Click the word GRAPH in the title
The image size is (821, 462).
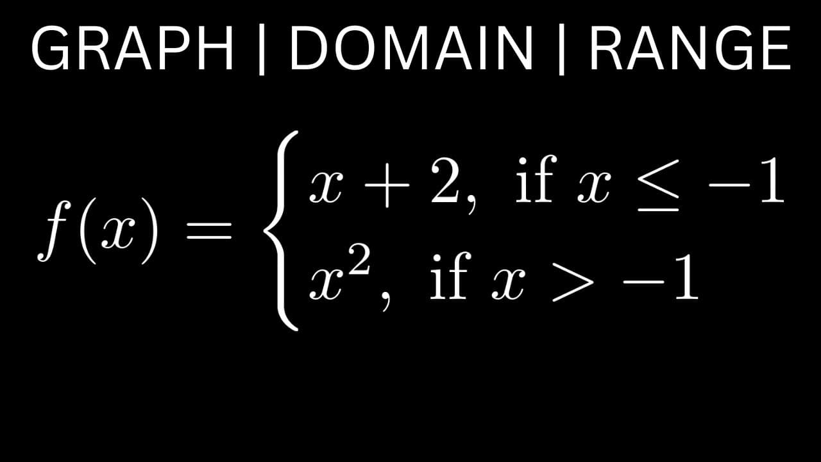pos(133,48)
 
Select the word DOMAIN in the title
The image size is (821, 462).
pos(411,48)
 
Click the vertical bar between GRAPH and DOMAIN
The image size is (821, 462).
pos(262,49)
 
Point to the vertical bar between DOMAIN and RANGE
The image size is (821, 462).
pos(561,49)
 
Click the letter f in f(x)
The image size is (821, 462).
pos(52,230)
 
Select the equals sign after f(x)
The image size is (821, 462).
pos(209,230)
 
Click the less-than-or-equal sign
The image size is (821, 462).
pos(658,185)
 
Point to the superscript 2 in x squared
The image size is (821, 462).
pos(359,261)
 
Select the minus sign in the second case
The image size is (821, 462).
pos(643,282)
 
